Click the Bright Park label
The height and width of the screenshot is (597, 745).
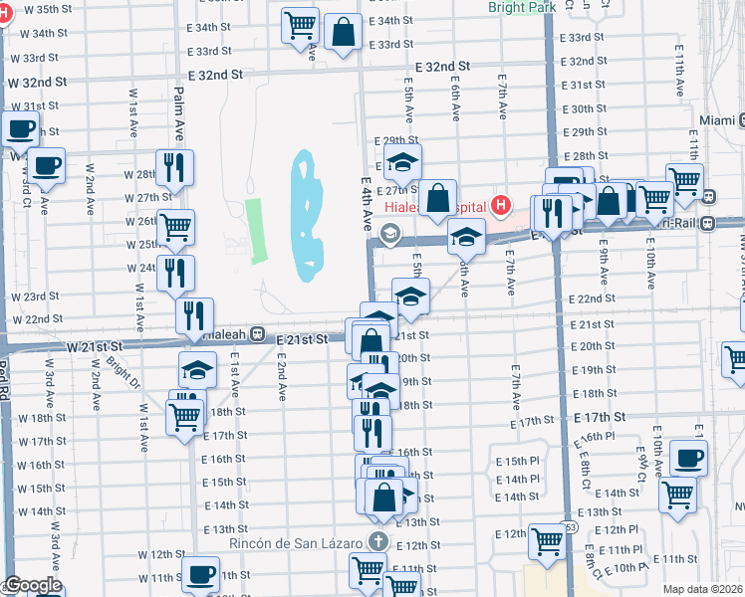click(x=522, y=7)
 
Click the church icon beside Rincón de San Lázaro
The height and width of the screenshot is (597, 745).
click(x=376, y=541)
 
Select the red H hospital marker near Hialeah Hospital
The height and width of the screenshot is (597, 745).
click(x=501, y=206)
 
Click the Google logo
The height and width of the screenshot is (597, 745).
click(x=33, y=586)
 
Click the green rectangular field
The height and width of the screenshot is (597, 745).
click(x=257, y=230)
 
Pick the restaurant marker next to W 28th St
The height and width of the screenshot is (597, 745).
click(x=175, y=170)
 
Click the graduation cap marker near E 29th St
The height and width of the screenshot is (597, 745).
click(x=403, y=162)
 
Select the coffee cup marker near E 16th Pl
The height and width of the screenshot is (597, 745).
click(x=687, y=459)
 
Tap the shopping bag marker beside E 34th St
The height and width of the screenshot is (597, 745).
click(x=343, y=31)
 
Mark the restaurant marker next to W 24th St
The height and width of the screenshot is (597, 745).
click(x=175, y=274)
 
